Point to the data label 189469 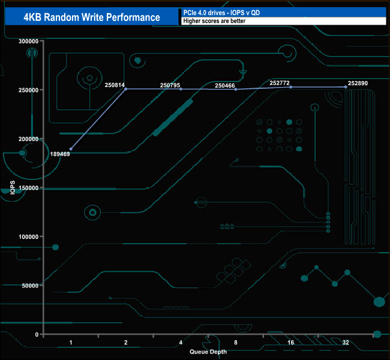tap(61, 154)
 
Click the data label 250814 tap(115, 85)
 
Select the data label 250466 tap(225, 86)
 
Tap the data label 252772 tap(280, 83)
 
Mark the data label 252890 tap(358, 83)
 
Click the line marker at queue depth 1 tap(71, 149)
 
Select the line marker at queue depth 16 tap(291, 87)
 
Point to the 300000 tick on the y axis tap(29, 41)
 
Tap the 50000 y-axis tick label tap(31, 285)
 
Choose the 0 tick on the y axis tap(37, 334)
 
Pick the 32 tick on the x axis tap(346, 343)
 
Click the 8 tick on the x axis tap(236, 343)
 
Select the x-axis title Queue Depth tap(208, 352)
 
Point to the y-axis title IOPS tap(13, 188)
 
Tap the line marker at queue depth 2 tap(126, 89)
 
